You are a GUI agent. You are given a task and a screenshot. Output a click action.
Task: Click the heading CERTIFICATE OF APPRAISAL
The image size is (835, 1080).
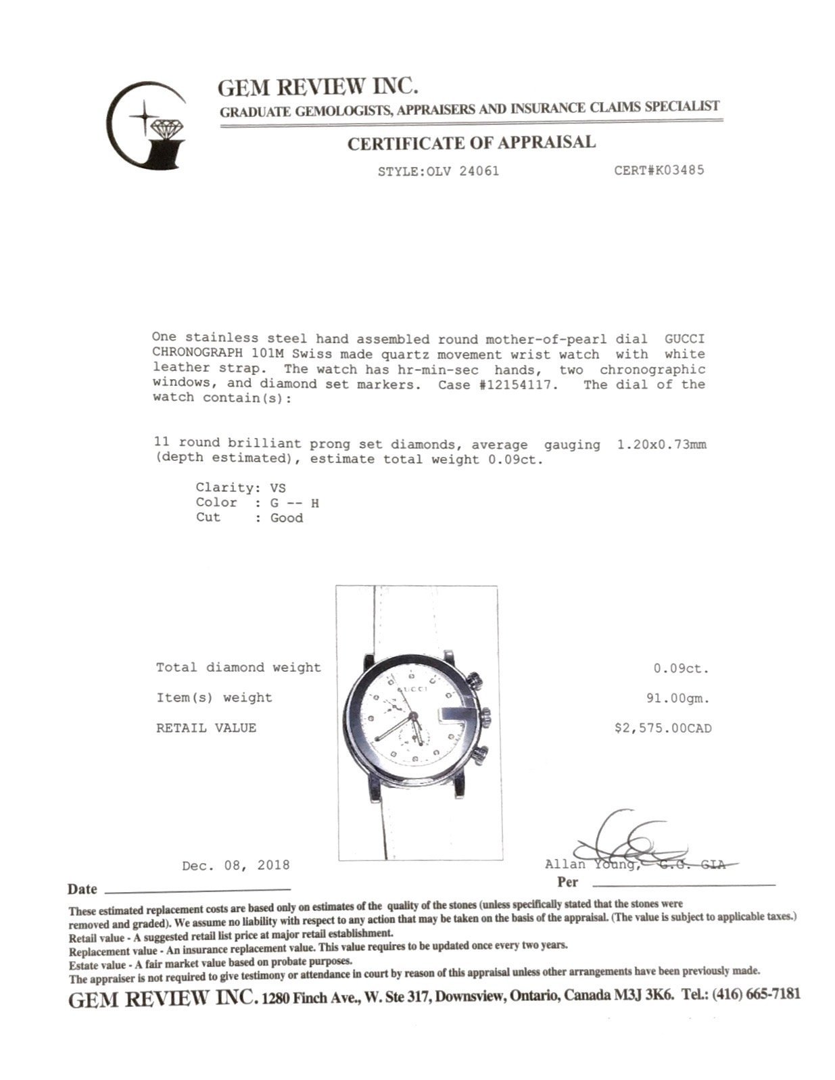click(x=471, y=143)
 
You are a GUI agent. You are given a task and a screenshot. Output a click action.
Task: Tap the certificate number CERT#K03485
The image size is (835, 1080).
click(x=659, y=170)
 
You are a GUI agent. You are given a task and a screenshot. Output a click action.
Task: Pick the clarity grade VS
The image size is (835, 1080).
click(x=277, y=487)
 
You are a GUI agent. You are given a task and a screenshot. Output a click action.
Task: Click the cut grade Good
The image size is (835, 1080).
click(x=287, y=518)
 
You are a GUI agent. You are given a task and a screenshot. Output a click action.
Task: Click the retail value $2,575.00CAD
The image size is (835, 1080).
click(x=662, y=728)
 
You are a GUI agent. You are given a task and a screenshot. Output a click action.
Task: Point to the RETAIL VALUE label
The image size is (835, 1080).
click(x=206, y=728)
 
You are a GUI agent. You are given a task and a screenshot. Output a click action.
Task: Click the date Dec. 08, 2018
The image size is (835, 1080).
click(x=236, y=865)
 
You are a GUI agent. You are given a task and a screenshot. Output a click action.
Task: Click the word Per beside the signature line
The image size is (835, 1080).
click(x=568, y=882)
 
